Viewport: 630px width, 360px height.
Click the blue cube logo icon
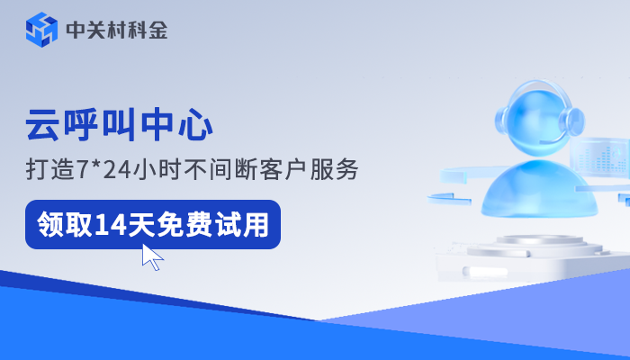pyautogui.click(x=40, y=30)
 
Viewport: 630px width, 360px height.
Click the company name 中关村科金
pyautogui.click(x=116, y=31)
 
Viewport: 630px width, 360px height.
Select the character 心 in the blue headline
pyautogui.click(x=195, y=125)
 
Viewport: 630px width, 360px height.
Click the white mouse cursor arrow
pyautogui.click(x=152, y=256)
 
